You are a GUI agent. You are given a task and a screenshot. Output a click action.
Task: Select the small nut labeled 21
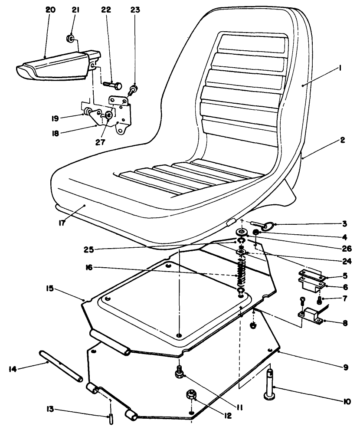70,40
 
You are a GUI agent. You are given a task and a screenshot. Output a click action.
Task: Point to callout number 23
135,10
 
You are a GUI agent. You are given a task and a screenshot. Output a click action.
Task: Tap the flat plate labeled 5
311,275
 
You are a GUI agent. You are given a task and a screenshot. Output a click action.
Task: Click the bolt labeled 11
179,371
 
